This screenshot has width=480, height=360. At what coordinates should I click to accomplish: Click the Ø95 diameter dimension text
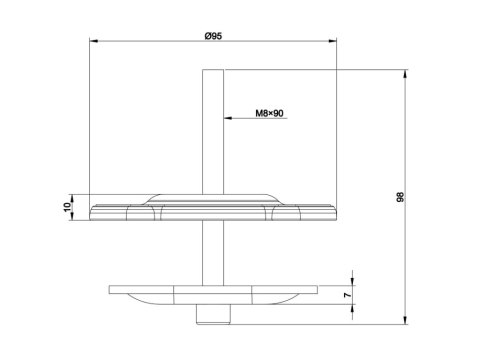(212, 36)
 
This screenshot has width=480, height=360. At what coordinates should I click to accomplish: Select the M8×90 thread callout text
(263, 114)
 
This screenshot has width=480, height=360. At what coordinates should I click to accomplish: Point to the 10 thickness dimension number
(67, 206)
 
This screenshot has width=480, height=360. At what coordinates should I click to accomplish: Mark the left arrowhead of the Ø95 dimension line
(93, 42)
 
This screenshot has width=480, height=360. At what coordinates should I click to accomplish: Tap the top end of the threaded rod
(214, 70)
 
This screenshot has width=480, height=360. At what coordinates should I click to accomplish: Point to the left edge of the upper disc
(91, 211)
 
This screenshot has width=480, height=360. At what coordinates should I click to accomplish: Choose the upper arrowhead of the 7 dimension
(354, 283)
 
